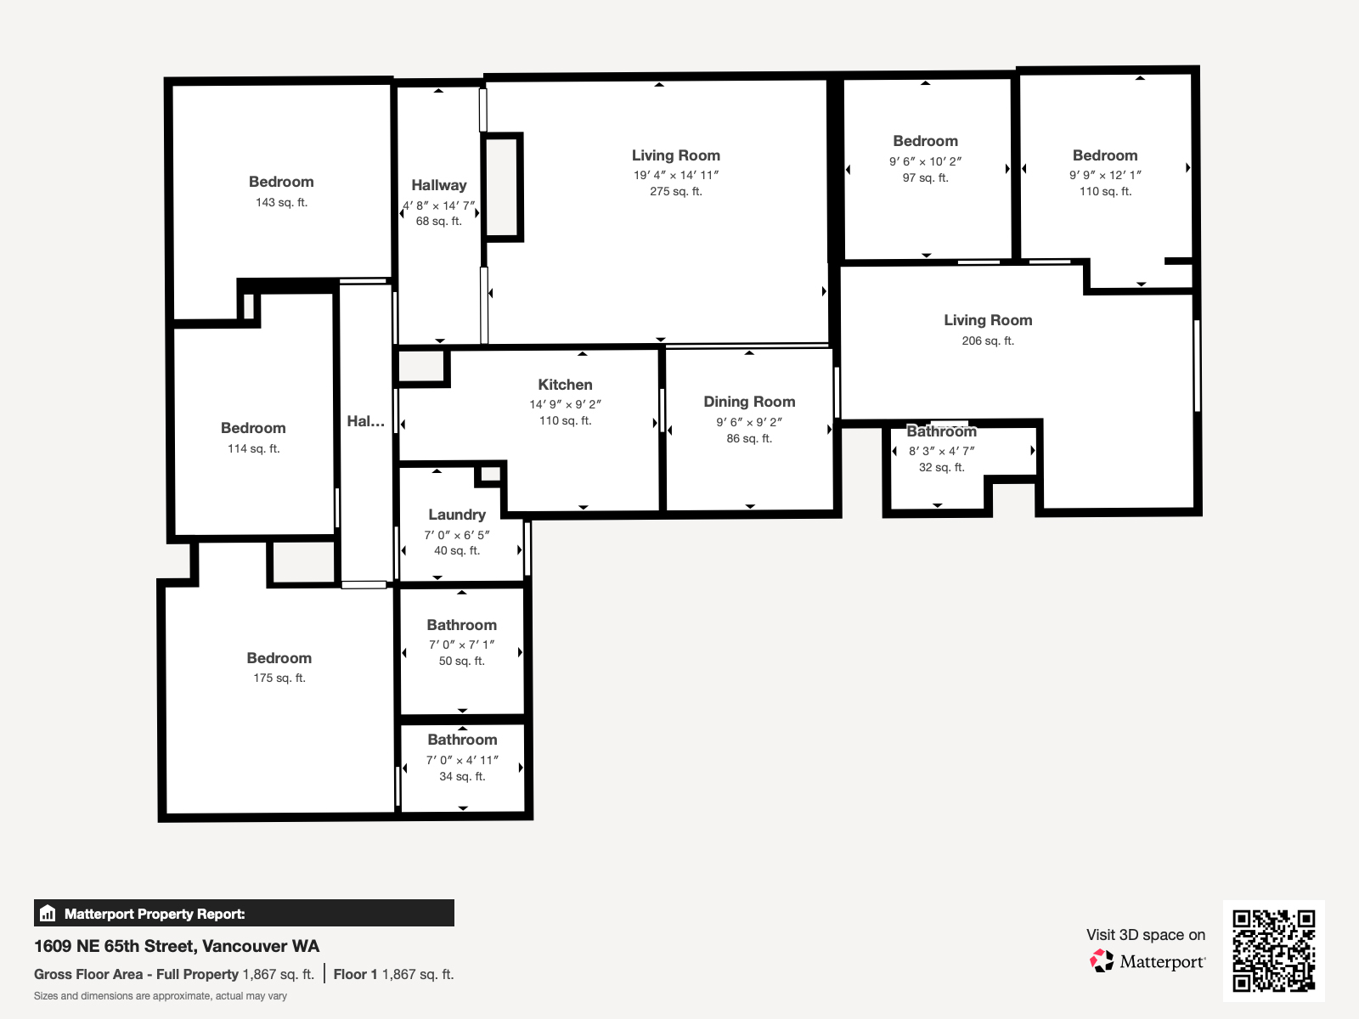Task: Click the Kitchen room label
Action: [x=565, y=385]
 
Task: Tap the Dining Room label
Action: [x=749, y=402]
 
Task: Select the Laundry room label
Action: [x=457, y=515]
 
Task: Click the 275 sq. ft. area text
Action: [x=676, y=192]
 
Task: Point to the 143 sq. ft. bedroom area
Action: [x=281, y=203]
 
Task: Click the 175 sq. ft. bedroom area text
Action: [x=279, y=678]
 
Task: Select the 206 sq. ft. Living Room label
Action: [x=988, y=320]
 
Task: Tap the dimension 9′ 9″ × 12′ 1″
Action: [x=1105, y=175]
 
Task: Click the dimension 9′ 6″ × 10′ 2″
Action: [x=925, y=161]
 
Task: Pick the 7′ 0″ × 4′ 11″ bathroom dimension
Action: [x=462, y=760]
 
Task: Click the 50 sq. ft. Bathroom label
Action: [x=461, y=625]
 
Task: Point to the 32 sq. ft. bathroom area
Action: [x=941, y=468]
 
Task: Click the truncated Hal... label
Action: [x=365, y=421]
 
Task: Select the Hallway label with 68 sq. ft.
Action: [x=438, y=185]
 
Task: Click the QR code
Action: [x=1273, y=950]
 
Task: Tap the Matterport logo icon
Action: [x=1102, y=961]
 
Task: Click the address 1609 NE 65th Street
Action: [x=177, y=946]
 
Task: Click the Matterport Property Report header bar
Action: [x=244, y=914]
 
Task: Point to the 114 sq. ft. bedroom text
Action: [x=253, y=449]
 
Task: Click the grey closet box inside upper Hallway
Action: [x=502, y=187]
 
